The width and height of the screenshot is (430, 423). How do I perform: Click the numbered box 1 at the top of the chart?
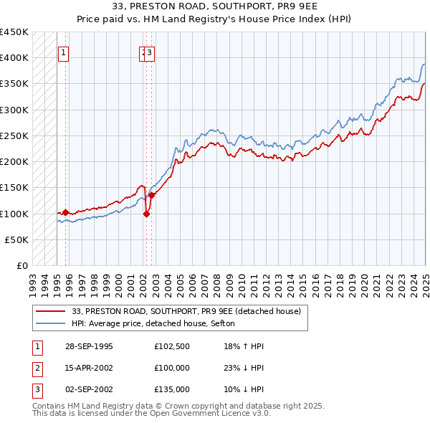(x=64, y=52)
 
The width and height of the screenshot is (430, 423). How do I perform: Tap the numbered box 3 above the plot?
(x=150, y=52)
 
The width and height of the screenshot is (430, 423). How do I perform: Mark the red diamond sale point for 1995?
(x=66, y=212)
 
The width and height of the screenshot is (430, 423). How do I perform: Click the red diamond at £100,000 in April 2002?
(x=146, y=213)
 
